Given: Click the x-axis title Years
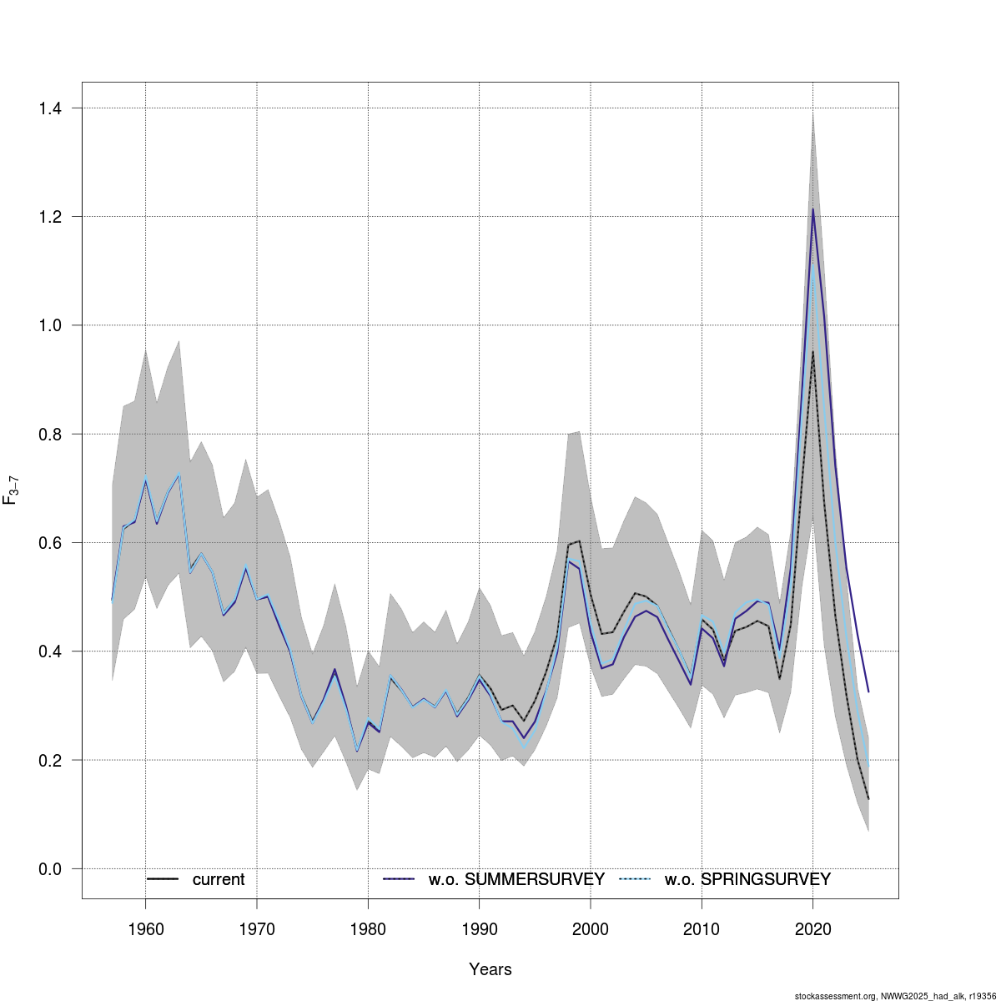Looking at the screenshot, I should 490,969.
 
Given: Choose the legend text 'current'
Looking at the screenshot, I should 219,879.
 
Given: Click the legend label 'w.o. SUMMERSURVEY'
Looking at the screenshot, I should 516,879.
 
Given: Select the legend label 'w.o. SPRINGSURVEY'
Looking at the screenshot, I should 747,879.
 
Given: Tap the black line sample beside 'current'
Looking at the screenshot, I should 163,879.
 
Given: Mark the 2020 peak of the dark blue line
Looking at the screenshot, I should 812,209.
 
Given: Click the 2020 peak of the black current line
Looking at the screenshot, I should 812,351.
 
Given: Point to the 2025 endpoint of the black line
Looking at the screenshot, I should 868,799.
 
